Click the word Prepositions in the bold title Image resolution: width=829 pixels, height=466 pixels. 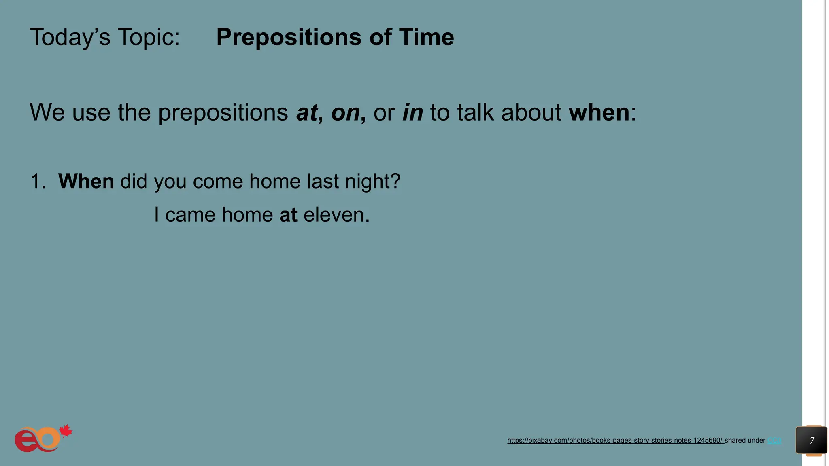(x=289, y=37)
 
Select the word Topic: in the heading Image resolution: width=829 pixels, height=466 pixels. (x=149, y=37)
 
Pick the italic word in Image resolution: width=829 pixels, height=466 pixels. (x=412, y=112)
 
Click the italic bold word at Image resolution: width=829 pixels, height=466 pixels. (x=307, y=112)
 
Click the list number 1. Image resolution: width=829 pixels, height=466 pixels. (x=38, y=181)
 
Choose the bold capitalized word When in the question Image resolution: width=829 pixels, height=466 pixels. (x=86, y=181)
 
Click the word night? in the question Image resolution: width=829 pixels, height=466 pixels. (x=372, y=181)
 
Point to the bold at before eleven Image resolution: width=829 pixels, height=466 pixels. (x=288, y=215)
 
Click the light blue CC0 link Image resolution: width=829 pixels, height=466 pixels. (x=774, y=441)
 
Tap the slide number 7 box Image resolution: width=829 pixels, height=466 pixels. (x=811, y=441)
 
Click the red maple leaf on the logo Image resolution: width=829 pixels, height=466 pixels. (x=66, y=431)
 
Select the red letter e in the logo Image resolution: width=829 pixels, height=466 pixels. (x=25, y=441)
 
